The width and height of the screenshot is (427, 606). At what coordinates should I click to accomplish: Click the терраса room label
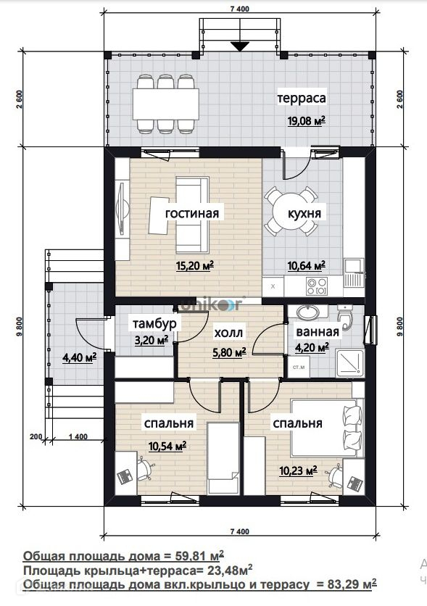[x=302, y=98]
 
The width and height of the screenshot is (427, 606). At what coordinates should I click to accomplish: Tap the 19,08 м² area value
[x=306, y=121]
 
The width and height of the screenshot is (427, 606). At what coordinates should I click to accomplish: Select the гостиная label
[x=192, y=213]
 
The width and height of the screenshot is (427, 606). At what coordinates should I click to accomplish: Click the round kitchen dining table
[x=291, y=212]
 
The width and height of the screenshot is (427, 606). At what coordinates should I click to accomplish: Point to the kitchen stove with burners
[x=317, y=286]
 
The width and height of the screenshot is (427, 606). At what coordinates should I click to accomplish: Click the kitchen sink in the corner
[x=353, y=267]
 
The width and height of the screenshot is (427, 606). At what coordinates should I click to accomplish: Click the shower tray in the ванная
[x=349, y=363]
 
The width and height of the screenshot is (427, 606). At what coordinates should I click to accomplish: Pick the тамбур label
[x=154, y=323]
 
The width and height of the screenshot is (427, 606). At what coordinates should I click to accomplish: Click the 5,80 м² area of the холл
[x=230, y=352]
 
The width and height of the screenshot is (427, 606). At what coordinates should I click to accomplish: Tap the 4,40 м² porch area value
[x=80, y=357]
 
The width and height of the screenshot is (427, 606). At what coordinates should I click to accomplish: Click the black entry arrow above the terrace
[x=241, y=46]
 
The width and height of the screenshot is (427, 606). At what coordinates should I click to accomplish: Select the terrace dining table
[x=166, y=104]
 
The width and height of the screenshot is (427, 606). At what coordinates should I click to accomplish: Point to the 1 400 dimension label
[x=78, y=437]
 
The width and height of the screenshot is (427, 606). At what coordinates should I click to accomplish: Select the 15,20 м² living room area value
[x=195, y=266]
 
